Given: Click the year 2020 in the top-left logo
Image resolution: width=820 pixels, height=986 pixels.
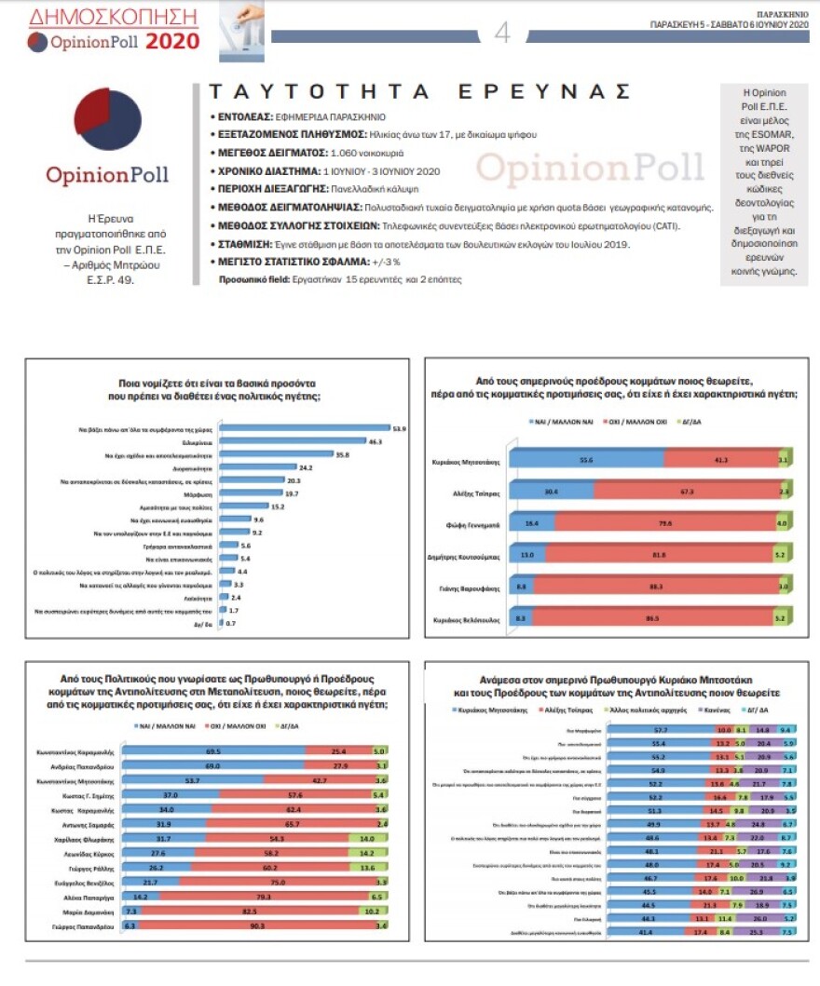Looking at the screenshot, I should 173,41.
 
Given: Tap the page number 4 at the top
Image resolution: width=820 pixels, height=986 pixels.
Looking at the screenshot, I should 502,34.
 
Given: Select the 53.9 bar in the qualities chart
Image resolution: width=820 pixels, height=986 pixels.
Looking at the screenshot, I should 307,429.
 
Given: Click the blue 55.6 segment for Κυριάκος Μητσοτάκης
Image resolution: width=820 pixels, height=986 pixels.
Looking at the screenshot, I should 591,460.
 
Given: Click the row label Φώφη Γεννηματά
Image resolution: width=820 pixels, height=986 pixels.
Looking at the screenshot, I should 481,524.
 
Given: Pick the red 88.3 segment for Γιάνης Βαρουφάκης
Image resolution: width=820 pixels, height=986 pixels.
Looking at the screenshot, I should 657,588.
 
